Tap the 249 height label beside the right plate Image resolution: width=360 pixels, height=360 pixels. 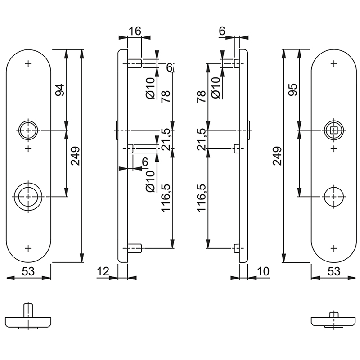click(277, 156)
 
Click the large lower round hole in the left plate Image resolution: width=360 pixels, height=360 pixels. click(29, 196)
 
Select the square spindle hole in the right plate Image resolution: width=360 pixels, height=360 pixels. click(333, 130)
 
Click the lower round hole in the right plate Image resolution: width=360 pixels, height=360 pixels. click(333, 196)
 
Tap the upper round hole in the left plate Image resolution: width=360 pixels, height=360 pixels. click(29, 130)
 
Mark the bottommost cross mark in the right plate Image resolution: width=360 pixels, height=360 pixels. click(333, 247)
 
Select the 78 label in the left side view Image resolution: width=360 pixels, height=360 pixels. click(166, 96)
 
